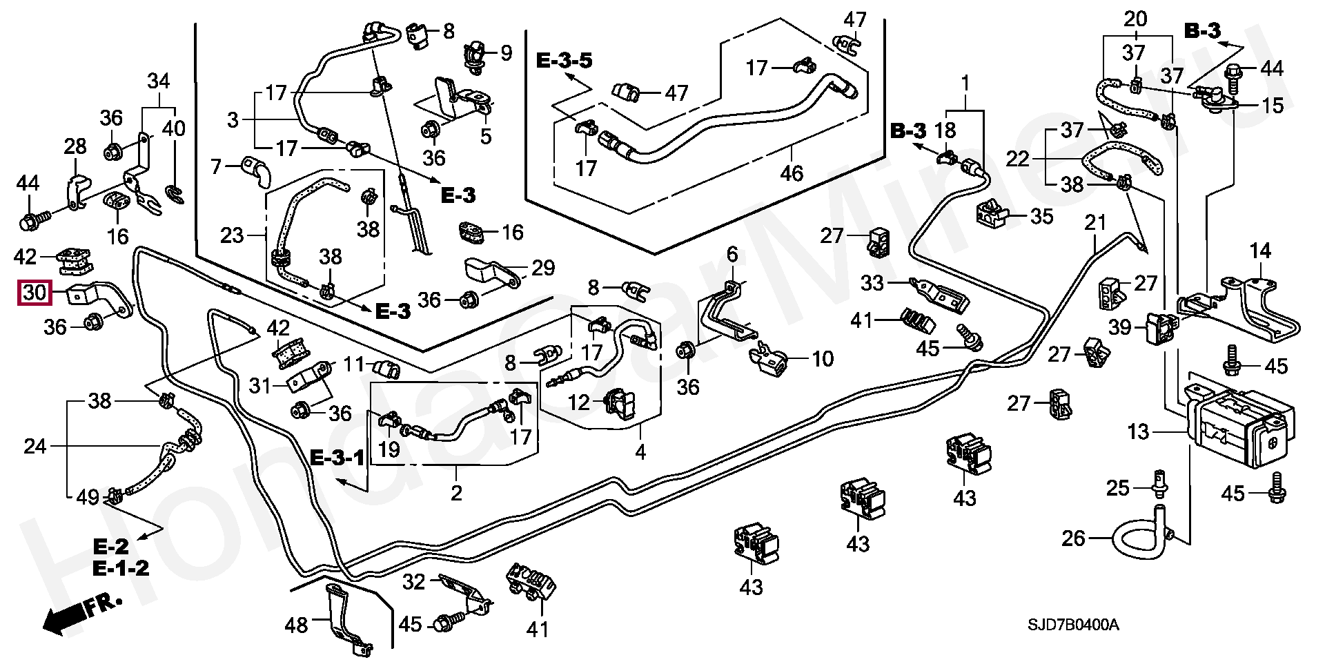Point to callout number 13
[1138, 432]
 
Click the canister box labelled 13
[1239, 425]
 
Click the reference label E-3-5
[564, 61]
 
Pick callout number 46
[792, 173]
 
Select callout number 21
[1095, 222]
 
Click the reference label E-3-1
[336, 457]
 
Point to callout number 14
[1260, 251]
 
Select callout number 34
[159, 81]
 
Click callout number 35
[1041, 216]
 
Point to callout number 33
[872, 282]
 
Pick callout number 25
[1118, 488]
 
